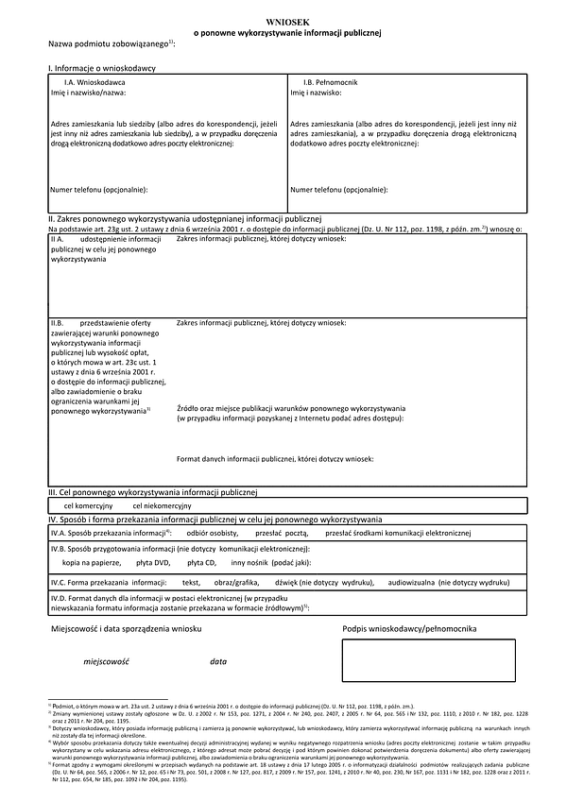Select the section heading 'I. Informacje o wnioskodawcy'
102,69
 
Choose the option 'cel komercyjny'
88,505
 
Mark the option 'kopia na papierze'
93,562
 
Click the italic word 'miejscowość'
104,662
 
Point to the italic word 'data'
218,662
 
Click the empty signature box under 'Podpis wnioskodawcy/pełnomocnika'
429,659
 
